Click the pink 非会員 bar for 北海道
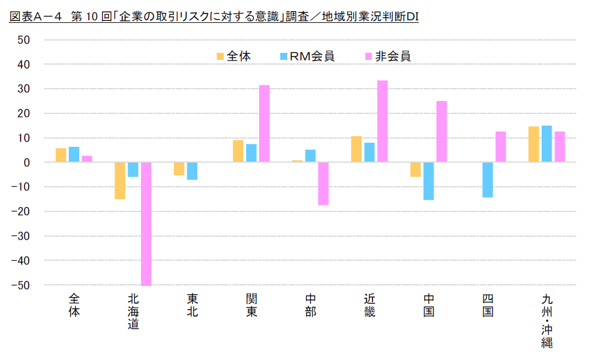(146, 224)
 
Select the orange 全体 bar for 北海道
(120, 181)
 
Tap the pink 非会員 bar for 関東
(264, 124)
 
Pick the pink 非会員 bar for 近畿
(382, 122)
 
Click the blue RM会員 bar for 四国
(488, 180)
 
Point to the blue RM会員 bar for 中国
(428, 181)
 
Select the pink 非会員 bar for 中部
(323, 184)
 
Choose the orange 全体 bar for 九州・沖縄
(533, 144)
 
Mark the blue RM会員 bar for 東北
(192, 171)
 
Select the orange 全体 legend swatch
(220, 56)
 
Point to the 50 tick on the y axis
(23, 39)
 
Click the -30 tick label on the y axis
(21, 236)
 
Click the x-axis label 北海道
(133, 311)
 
